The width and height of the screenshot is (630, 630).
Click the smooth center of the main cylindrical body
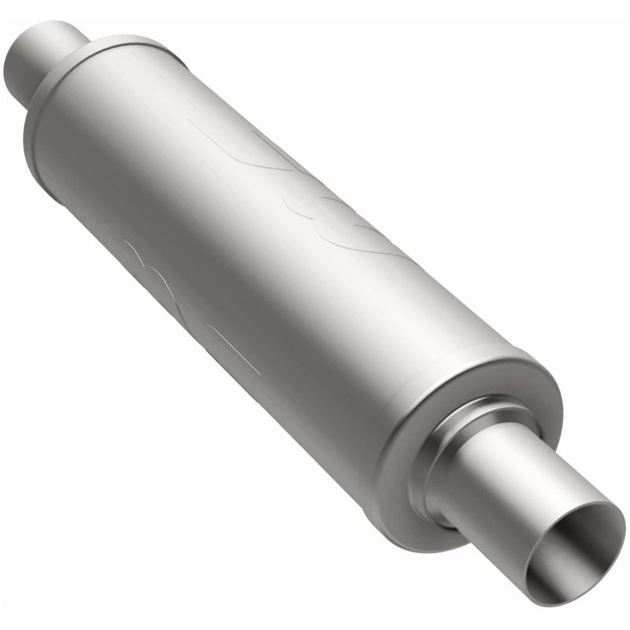[276, 260]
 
